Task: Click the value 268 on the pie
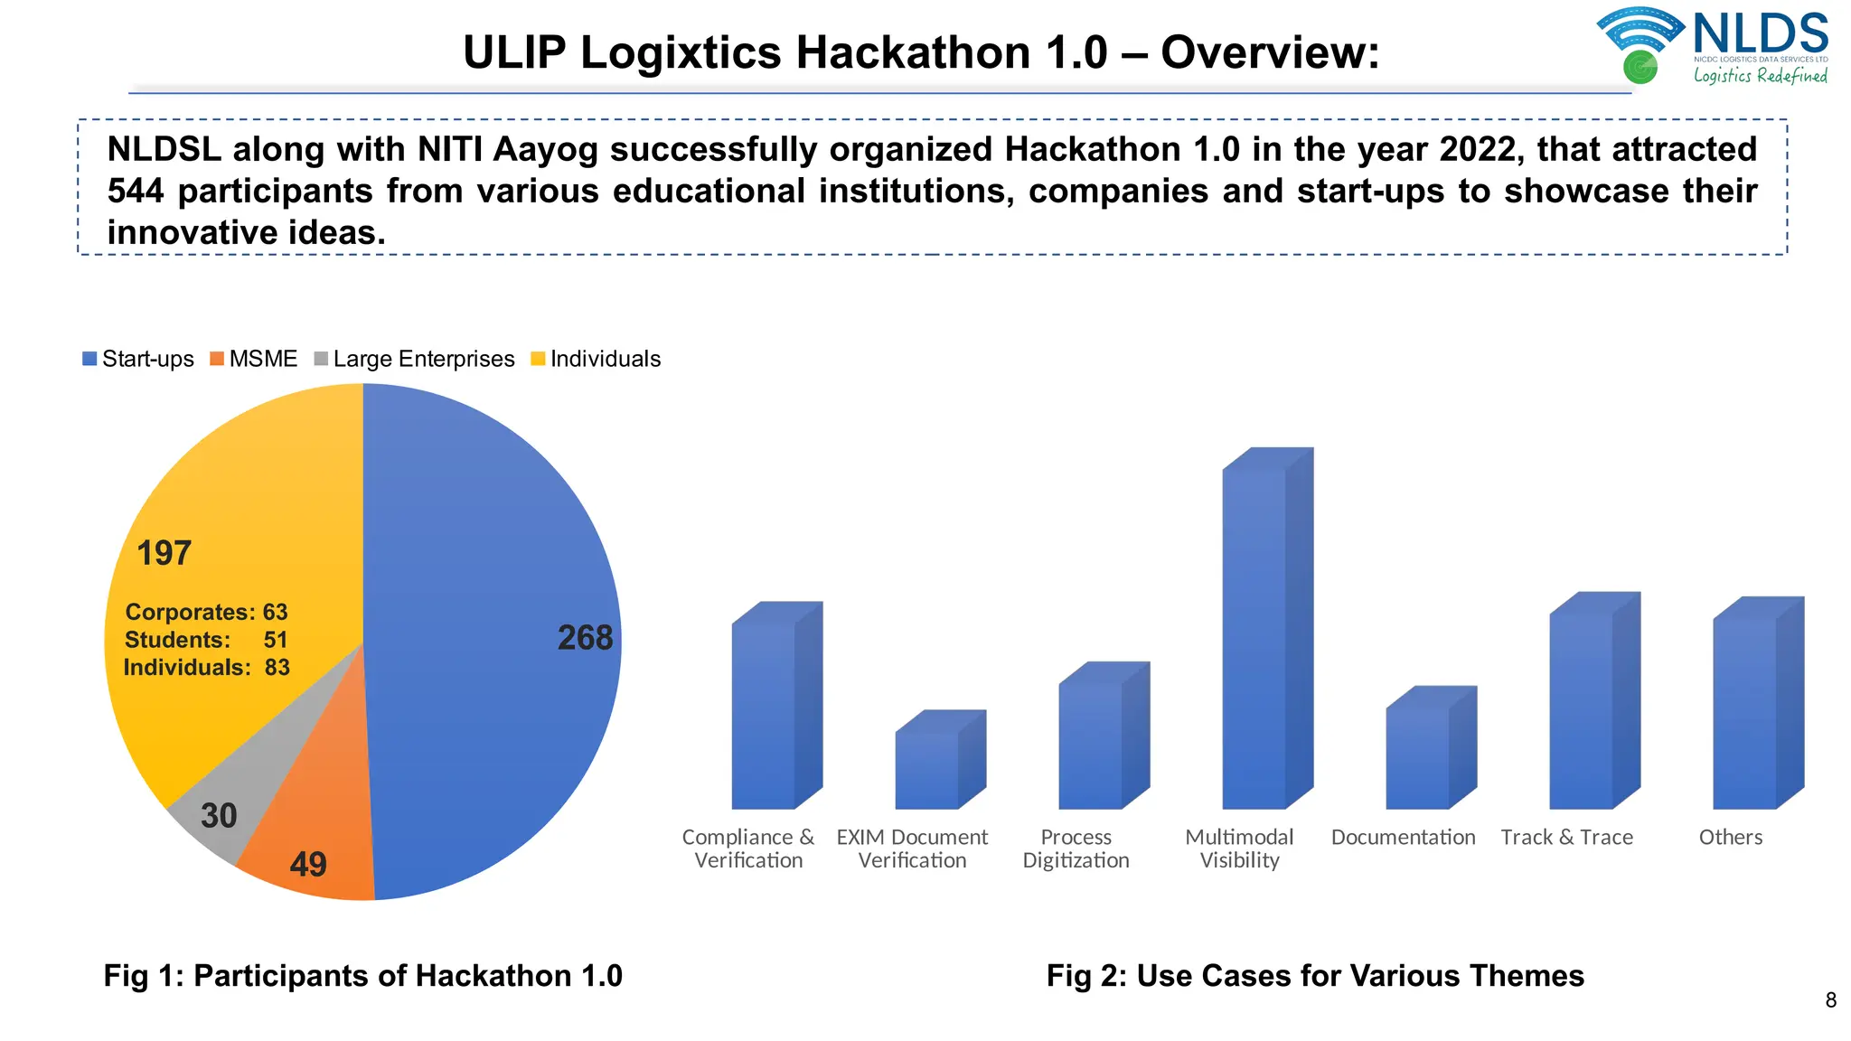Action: point(585,638)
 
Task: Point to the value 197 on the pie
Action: point(164,553)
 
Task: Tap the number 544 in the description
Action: point(136,192)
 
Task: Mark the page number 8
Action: point(1830,1000)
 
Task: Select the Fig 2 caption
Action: point(1315,976)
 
